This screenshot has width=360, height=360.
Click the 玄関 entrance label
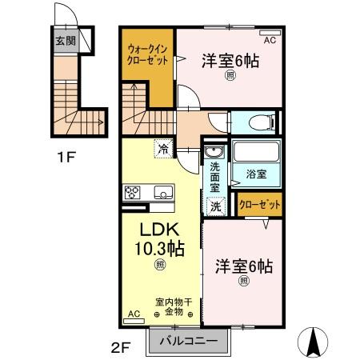pyautogui.click(x=65, y=39)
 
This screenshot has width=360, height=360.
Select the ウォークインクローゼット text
pyautogui.click(x=147, y=55)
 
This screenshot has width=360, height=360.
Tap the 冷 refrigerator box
pyautogui.click(x=163, y=148)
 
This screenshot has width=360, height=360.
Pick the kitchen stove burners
pyautogui.click(x=133, y=193)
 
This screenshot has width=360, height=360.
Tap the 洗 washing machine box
pyautogui.click(x=215, y=206)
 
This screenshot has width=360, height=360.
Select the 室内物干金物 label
pyautogui.click(x=174, y=308)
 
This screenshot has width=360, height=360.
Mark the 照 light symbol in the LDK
pyautogui.click(x=161, y=263)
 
